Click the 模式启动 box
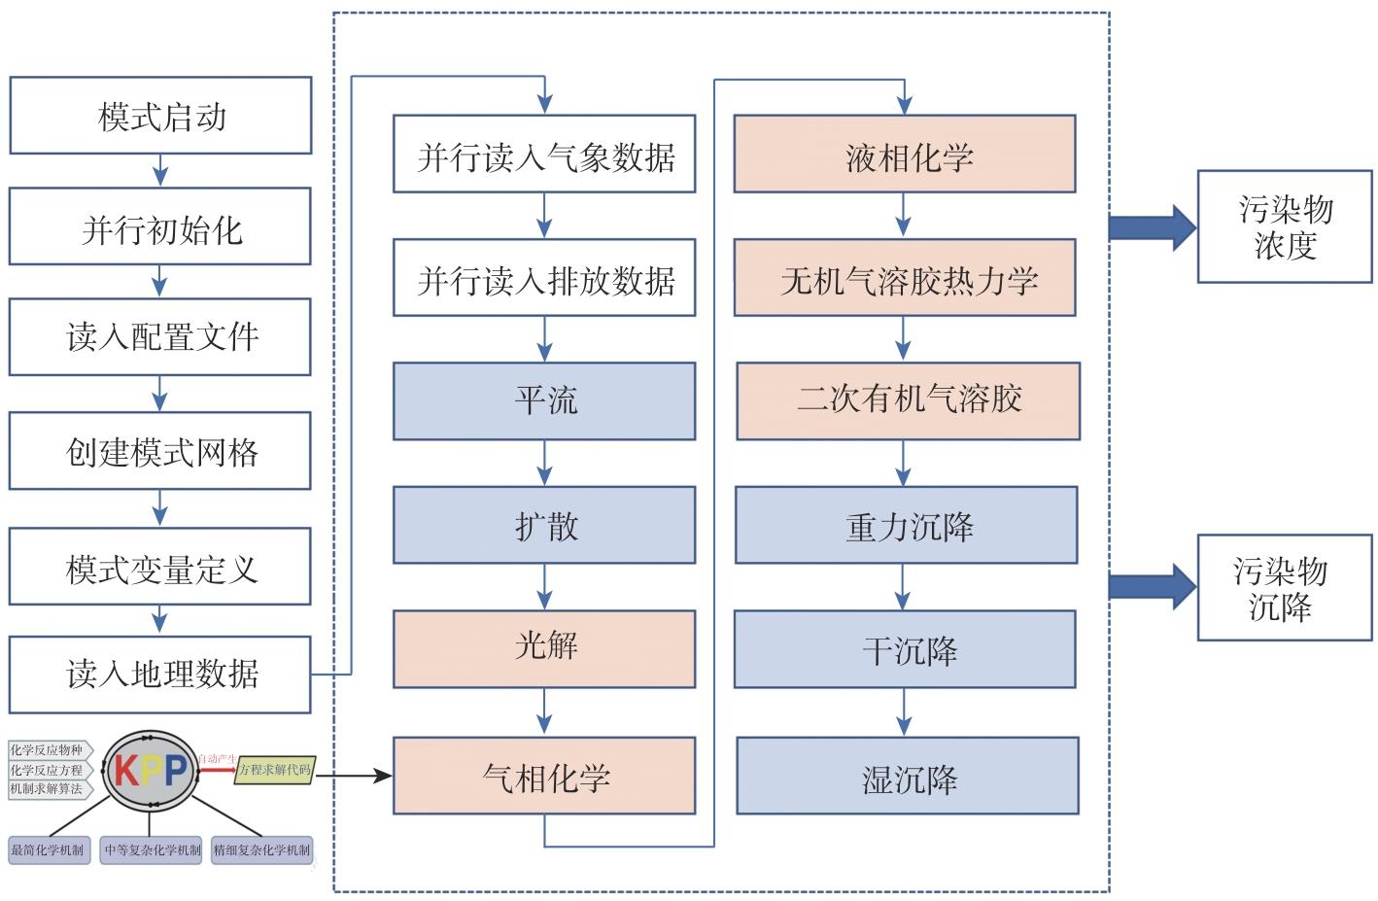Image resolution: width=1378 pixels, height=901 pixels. [x=160, y=116]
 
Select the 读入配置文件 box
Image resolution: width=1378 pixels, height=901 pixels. [x=160, y=336]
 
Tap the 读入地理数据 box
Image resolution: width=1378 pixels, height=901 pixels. [x=160, y=674]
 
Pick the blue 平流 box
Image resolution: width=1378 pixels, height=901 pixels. [x=544, y=400]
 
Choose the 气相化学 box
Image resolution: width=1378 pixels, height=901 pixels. [x=544, y=776]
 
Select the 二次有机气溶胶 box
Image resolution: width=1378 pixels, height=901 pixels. [x=908, y=400]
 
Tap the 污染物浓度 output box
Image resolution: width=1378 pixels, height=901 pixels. [x=1284, y=226]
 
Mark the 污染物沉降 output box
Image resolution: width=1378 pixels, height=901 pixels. [x=1284, y=588]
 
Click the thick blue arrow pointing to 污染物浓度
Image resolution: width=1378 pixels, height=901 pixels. [x=1152, y=227]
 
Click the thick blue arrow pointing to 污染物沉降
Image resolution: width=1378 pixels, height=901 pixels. [x=1152, y=586]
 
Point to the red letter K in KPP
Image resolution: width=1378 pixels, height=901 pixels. [x=127, y=771]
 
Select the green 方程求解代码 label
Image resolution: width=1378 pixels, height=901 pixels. [x=275, y=770]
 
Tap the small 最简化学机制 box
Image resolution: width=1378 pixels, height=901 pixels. [x=47, y=849]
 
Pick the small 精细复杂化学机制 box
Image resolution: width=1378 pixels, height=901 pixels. [x=261, y=849]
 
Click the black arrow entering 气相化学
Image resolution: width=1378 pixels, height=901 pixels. [x=355, y=776]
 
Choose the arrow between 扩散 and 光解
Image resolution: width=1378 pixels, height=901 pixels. [x=544, y=587]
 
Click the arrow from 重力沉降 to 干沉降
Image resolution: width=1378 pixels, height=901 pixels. [x=904, y=587]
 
